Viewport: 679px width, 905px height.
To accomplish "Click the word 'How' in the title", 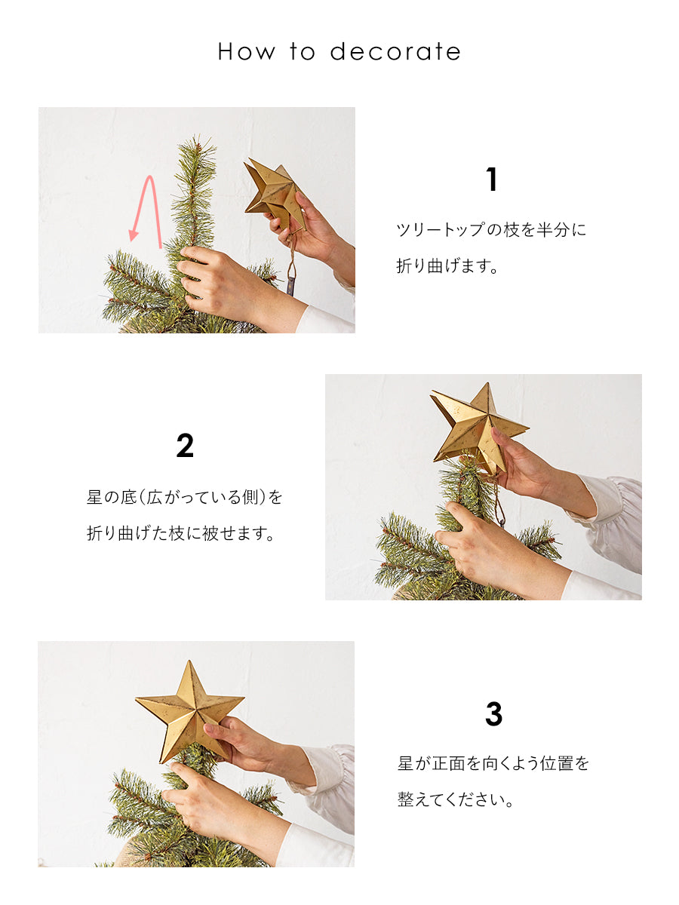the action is coord(246,52).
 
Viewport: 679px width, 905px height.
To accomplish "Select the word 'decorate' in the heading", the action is coord(395,52).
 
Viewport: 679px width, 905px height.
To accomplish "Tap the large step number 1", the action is coord(491,179).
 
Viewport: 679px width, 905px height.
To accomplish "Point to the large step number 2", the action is coord(185,446).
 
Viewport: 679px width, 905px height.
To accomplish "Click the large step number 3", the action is coord(493,713).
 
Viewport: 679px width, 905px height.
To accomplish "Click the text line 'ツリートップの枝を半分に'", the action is coord(491,230).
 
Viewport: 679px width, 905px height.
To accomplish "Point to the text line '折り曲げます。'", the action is coord(447,266).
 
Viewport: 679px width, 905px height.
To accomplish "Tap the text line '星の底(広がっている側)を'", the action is coord(184,497).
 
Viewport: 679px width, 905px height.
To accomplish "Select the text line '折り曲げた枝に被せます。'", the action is coord(180,533).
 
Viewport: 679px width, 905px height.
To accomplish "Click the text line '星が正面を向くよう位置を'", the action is coord(493,763).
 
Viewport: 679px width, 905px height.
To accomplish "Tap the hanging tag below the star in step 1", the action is coord(291,286).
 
